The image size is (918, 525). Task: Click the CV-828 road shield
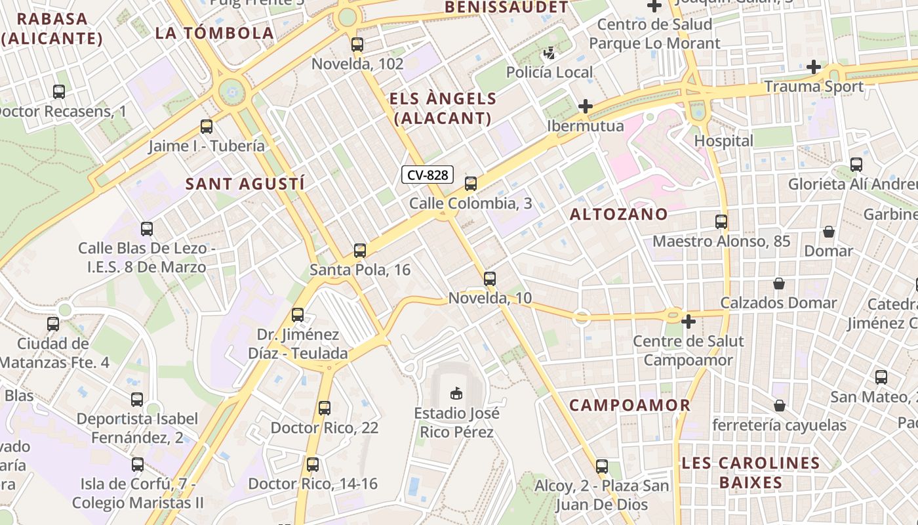[x=428, y=175]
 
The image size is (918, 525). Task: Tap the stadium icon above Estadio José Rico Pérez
[x=456, y=393]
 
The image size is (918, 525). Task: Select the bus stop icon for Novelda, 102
[x=357, y=45]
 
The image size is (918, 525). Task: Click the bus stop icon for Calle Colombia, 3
[x=471, y=184]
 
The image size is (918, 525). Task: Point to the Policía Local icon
[x=549, y=52]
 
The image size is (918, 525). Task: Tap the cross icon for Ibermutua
[x=585, y=106]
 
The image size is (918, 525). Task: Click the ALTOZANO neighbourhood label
[x=618, y=214]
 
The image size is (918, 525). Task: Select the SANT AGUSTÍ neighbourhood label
[x=245, y=184]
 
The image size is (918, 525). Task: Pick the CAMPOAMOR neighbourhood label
[x=629, y=405]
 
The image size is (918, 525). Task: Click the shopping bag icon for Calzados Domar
[x=778, y=283]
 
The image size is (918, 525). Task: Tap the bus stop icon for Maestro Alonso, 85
[x=721, y=222]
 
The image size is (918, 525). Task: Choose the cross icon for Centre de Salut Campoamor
[x=688, y=322]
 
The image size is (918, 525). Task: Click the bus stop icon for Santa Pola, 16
[x=359, y=250]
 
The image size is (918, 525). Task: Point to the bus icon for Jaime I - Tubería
[x=207, y=127]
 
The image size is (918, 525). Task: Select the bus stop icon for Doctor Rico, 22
[x=324, y=408]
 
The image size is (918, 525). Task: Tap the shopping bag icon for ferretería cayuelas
[x=779, y=406]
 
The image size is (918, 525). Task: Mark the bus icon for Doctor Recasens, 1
[x=59, y=92]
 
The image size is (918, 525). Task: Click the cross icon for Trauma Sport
[x=814, y=67]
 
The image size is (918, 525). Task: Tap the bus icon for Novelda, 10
[x=489, y=279]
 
